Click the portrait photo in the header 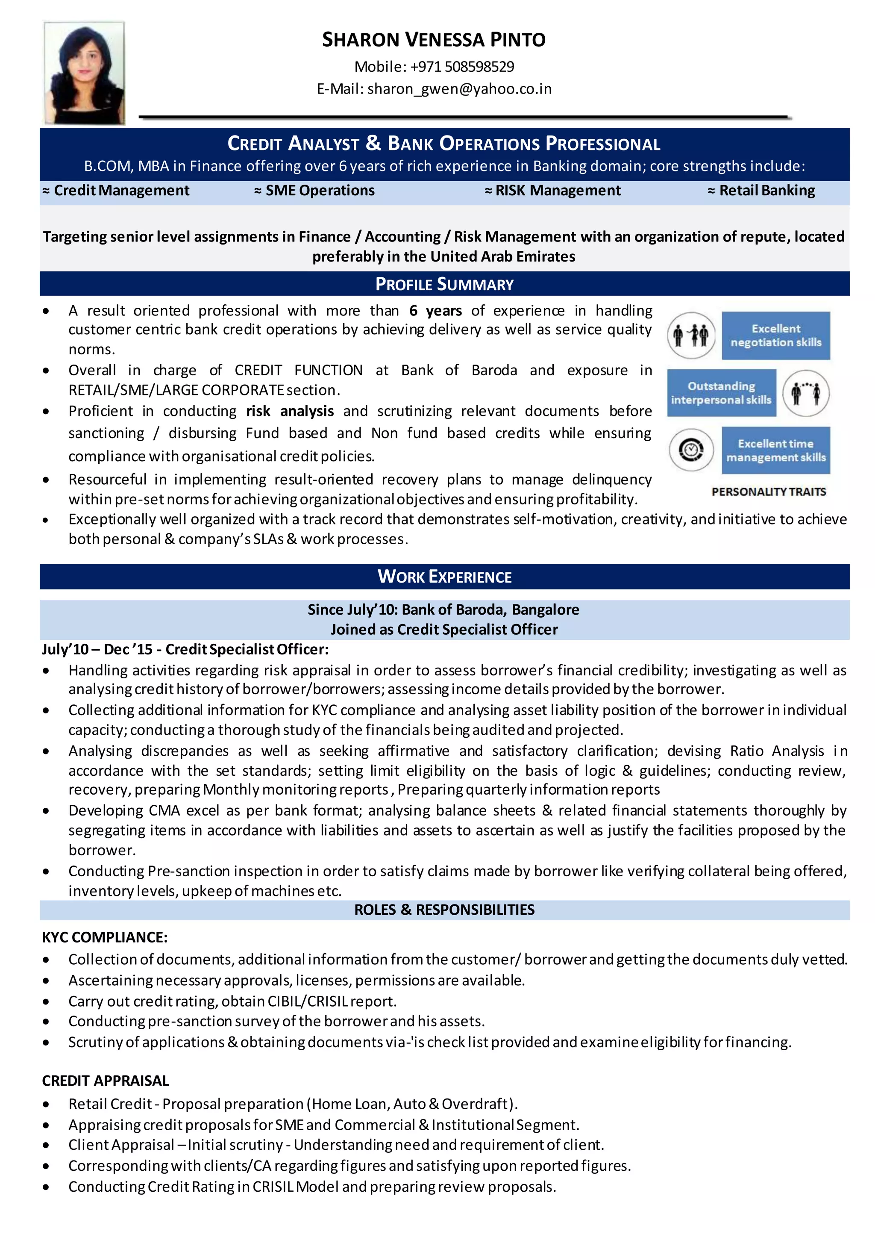(x=84, y=73)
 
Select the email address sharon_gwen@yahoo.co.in (x=459, y=89)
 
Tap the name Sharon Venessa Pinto (x=434, y=40)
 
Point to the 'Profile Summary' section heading (x=444, y=284)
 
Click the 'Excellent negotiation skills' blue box (x=775, y=335)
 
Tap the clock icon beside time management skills (x=691, y=450)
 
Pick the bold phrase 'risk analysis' (x=290, y=411)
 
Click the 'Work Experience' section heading (x=444, y=577)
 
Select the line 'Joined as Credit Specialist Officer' (x=444, y=630)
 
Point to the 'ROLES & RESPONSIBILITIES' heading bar (x=444, y=910)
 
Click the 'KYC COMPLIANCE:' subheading (x=105, y=937)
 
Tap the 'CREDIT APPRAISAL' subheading (x=106, y=1081)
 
